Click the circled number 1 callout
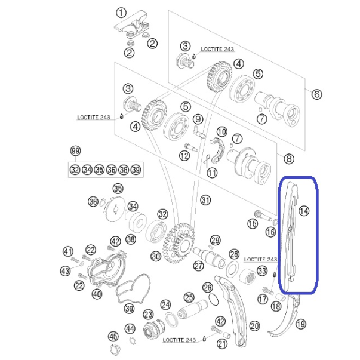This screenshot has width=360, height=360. pyautogui.click(x=121, y=13)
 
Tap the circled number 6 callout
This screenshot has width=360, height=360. pyautogui.click(x=316, y=94)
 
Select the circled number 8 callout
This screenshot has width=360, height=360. pyautogui.click(x=289, y=159)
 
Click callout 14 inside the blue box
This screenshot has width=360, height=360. pyautogui.click(x=304, y=211)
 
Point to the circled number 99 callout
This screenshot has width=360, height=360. pyautogui.click(x=76, y=151)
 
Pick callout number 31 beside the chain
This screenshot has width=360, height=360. pyautogui.click(x=205, y=200)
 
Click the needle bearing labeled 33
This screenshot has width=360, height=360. pyautogui.click(x=248, y=276)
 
